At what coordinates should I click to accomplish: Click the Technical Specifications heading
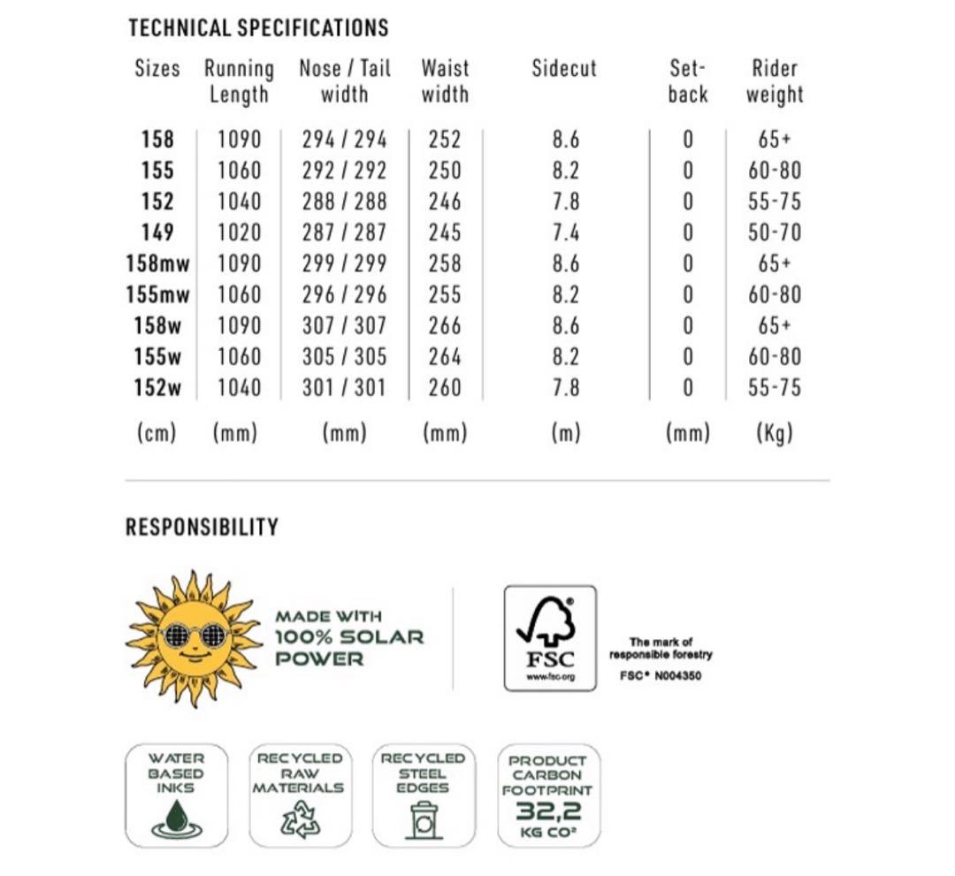point(258,28)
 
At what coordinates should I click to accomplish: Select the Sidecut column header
point(564,69)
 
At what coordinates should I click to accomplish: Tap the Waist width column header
point(445,81)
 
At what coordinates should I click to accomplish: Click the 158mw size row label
point(157,263)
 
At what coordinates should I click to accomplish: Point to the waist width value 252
point(445,140)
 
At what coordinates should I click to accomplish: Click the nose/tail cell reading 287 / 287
point(344,232)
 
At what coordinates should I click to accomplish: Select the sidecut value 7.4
point(565,232)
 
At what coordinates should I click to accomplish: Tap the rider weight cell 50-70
point(775,232)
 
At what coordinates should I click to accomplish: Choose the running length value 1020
point(239,232)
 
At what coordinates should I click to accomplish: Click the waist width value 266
point(445,325)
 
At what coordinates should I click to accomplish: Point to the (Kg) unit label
point(775,432)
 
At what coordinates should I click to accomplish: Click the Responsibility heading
point(202,528)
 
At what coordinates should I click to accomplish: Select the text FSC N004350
point(661,676)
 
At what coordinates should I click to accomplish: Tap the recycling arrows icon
point(299,819)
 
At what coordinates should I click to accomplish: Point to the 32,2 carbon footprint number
point(548,810)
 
